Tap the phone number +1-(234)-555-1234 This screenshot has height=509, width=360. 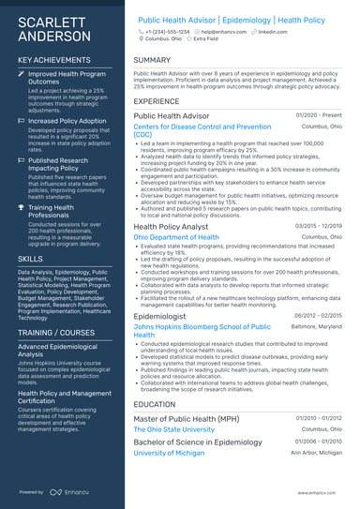165,32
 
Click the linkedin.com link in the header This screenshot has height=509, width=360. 273,32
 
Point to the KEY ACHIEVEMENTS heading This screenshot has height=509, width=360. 53,60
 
